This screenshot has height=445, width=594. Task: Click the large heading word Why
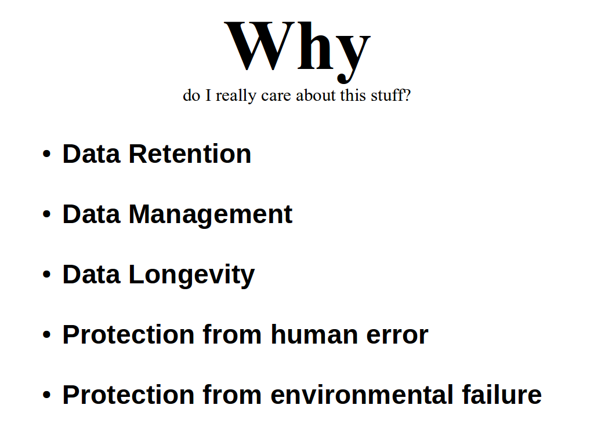(x=298, y=51)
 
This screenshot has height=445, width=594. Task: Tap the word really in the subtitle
(x=236, y=96)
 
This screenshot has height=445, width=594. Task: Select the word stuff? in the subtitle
(x=390, y=95)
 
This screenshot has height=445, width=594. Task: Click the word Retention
(x=190, y=154)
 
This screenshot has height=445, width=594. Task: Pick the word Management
(x=210, y=215)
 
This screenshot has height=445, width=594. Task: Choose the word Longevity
(x=191, y=275)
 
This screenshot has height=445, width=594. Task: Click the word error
(x=397, y=337)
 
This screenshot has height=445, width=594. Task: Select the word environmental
(x=362, y=395)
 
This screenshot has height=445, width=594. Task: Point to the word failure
(x=502, y=395)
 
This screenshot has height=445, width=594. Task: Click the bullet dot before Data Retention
(x=46, y=154)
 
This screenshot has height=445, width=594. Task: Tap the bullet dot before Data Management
(x=46, y=214)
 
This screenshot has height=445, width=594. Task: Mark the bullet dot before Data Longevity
(x=46, y=275)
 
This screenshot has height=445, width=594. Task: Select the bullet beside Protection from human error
(x=46, y=335)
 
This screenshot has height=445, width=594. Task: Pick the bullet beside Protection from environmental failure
(x=46, y=395)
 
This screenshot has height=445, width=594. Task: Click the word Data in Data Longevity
(x=91, y=274)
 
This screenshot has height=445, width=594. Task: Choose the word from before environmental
(x=232, y=395)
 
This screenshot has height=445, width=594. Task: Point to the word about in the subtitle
(x=316, y=96)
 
